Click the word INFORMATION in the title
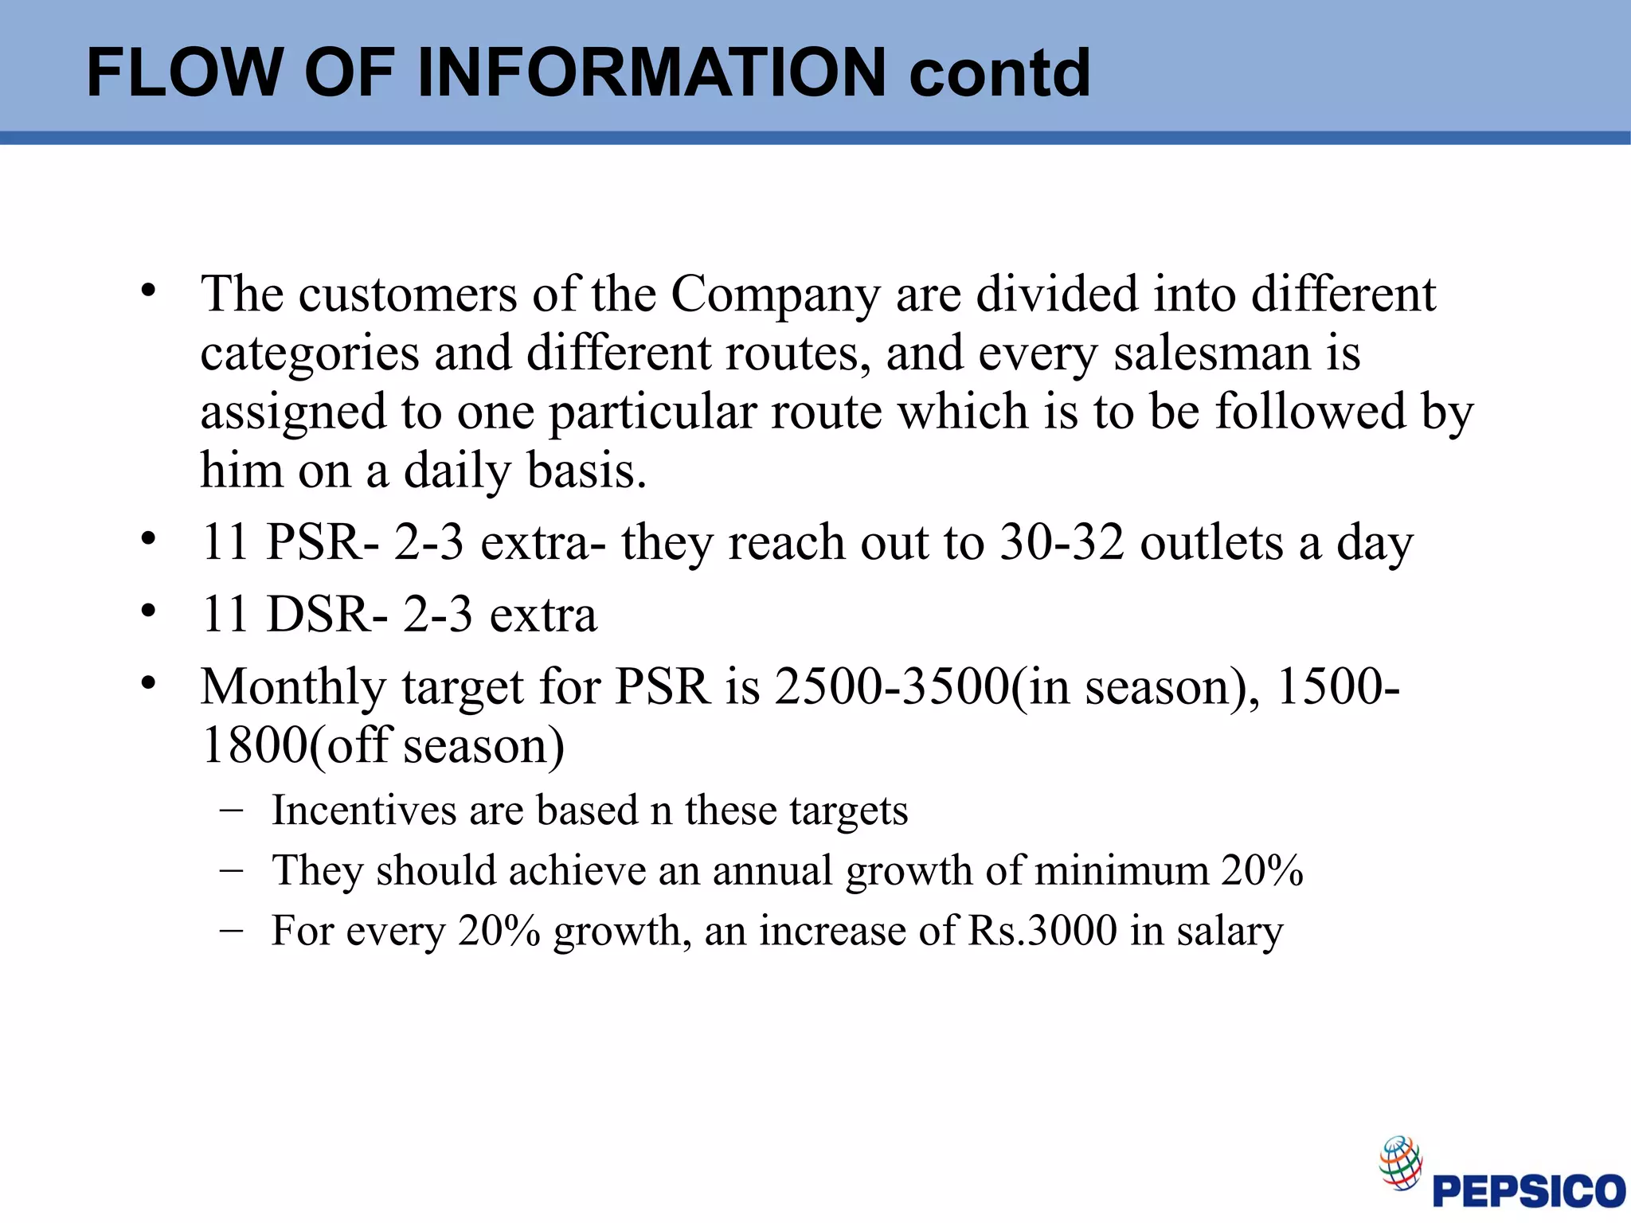(x=651, y=72)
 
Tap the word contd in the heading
(x=999, y=72)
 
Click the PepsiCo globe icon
(x=1400, y=1162)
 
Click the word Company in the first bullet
(x=775, y=295)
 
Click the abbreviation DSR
(x=317, y=615)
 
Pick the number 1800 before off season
(x=252, y=745)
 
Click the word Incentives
(x=364, y=811)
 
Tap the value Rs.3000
(x=1042, y=930)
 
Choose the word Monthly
(x=292, y=686)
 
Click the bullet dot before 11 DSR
(x=148, y=611)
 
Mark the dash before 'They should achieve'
(x=231, y=869)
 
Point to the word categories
(x=310, y=354)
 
